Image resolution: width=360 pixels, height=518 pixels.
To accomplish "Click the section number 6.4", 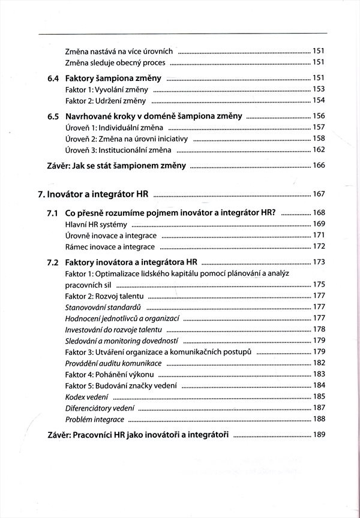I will pyautogui.click(x=53, y=78).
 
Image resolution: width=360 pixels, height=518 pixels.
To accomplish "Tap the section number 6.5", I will pyautogui.click(x=53, y=116).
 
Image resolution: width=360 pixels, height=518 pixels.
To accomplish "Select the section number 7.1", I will pyautogui.click(x=53, y=213).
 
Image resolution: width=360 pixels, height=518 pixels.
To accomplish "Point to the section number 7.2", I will pyautogui.click(x=53, y=262).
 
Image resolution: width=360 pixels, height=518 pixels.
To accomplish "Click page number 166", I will pyautogui.click(x=319, y=165).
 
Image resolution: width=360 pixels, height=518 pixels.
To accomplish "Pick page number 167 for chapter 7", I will pyautogui.click(x=319, y=194).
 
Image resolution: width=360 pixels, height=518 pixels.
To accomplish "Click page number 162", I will pyautogui.click(x=319, y=150).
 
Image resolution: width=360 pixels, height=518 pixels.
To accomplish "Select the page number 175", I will pyautogui.click(x=319, y=284).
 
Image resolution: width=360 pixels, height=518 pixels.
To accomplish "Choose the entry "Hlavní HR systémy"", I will pyautogui.click(x=95, y=224).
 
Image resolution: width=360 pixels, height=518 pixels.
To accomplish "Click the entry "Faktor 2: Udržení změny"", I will pyautogui.click(x=104, y=100).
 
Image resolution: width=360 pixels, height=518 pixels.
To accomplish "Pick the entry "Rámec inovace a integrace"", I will pyautogui.click(x=110, y=246).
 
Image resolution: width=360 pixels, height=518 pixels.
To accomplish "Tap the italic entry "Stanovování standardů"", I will pyautogui.click(x=98, y=306).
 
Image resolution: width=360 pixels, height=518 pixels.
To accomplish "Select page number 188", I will pyautogui.click(x=319, y=419).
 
